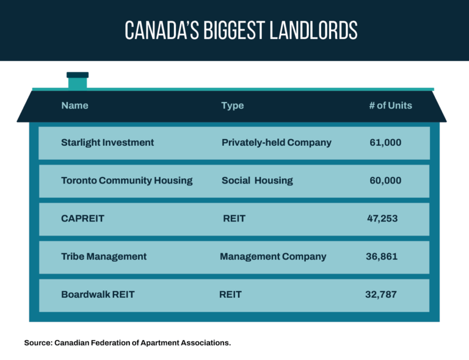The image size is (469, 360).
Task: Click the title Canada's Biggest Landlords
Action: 241,31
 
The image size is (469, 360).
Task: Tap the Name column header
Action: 75,106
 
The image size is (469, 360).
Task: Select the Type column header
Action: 232,106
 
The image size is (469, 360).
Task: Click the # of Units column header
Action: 390,106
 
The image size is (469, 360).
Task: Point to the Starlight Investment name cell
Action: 107,142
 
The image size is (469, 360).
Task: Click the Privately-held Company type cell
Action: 276,142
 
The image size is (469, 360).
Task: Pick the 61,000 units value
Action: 385,142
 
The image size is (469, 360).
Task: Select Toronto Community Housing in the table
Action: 126,180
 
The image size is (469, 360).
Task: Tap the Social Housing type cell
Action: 257,180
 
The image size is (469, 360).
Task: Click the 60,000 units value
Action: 385,180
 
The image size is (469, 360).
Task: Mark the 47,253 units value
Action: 382,218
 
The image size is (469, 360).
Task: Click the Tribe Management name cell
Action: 104,256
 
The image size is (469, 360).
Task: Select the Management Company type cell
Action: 273,256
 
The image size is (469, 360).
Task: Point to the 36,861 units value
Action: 381,256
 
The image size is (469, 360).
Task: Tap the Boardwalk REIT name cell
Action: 98,294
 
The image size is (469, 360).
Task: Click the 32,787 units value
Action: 380,294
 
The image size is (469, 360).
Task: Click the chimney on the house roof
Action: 78,80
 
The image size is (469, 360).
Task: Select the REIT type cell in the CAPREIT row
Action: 234,218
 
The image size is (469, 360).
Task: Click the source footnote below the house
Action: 128,342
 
